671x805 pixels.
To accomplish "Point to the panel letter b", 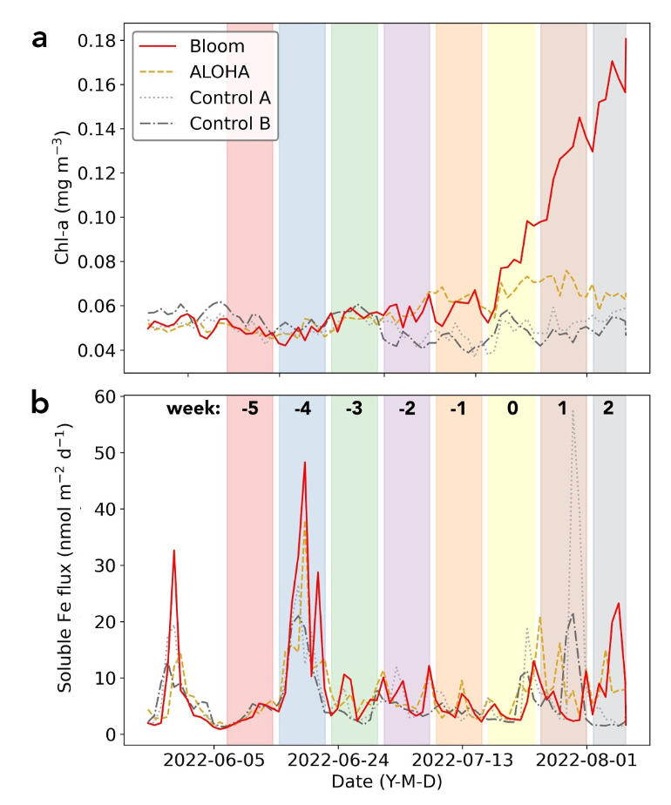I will tap(40, 403).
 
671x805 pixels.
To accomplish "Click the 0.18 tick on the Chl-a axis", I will tap(97, 40).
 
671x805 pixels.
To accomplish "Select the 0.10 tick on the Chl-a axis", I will tap(97, 217).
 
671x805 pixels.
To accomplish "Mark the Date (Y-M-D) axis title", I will tap(386, 782).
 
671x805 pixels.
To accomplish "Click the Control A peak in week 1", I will tap(573, 411).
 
